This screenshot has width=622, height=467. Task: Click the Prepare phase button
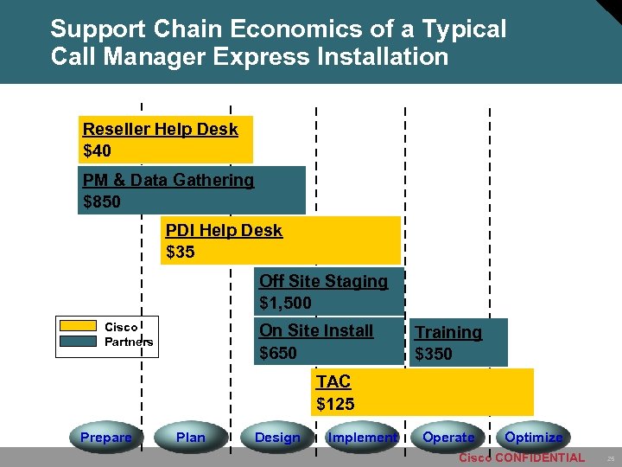click(x=105, y=438)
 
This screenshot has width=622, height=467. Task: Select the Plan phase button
click(x=190, y=438)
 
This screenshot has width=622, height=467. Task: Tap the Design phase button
click(x=277, y=438)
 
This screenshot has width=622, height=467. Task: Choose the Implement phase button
click(x=362, y=438)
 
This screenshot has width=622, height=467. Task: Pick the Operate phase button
click(x=447, y=438)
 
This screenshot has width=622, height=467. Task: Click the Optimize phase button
click(x=533, y=438)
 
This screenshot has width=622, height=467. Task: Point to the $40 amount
click(x=97, y=151)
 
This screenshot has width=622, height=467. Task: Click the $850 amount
click(x=102, y=202)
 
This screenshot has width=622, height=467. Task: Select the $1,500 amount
click(x=285, y=303)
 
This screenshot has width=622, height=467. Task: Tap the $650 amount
click(x=278, y=353)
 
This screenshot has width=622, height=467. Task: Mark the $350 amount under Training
click(x=434, y=354)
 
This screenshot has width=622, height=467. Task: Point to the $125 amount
click(x=335, y=404)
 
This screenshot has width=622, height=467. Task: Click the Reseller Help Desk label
click(x=160, y=129)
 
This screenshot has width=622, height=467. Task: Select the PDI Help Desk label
click(x=224, y=230)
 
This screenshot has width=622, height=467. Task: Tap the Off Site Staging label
click(x=323, y=281)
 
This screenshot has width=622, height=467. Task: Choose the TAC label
click(x=333, y=382)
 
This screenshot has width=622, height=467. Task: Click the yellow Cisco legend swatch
click(x=78, y=326)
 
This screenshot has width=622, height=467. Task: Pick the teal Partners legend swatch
click(x=78, y=341)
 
